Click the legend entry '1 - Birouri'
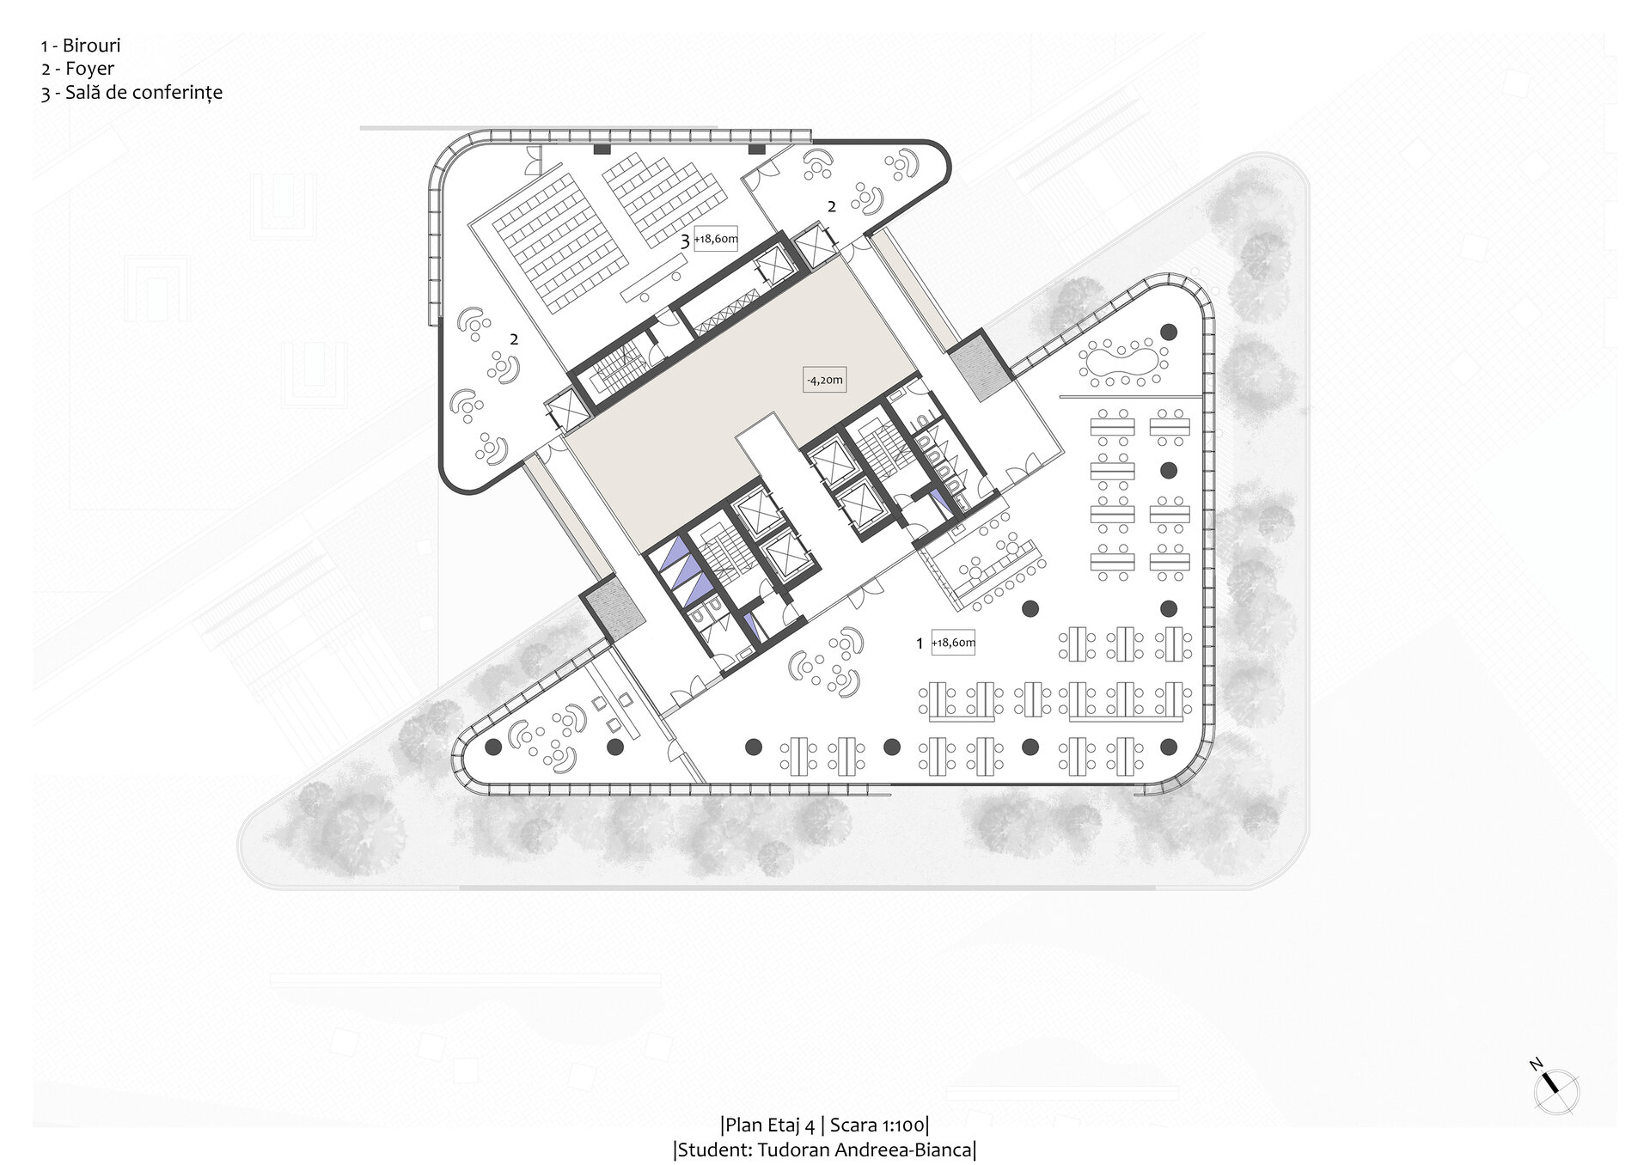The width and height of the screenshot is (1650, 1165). (80, 46)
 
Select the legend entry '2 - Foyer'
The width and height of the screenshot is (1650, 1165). (77, 70)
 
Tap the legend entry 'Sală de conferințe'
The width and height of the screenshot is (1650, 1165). (144, 93)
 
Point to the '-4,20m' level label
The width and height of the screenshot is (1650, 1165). (825, 379)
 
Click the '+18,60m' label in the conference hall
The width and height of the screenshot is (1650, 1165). (717, 241)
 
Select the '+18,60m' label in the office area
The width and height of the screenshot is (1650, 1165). (954, 643)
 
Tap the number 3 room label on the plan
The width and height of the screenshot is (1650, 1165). (685, 241)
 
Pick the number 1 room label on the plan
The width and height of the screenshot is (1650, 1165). (920, 643)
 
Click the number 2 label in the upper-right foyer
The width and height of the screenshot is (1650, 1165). (832, 206)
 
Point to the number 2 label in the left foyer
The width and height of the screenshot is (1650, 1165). (514, 339)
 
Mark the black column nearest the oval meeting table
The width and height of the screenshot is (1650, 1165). (1169, 331)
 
